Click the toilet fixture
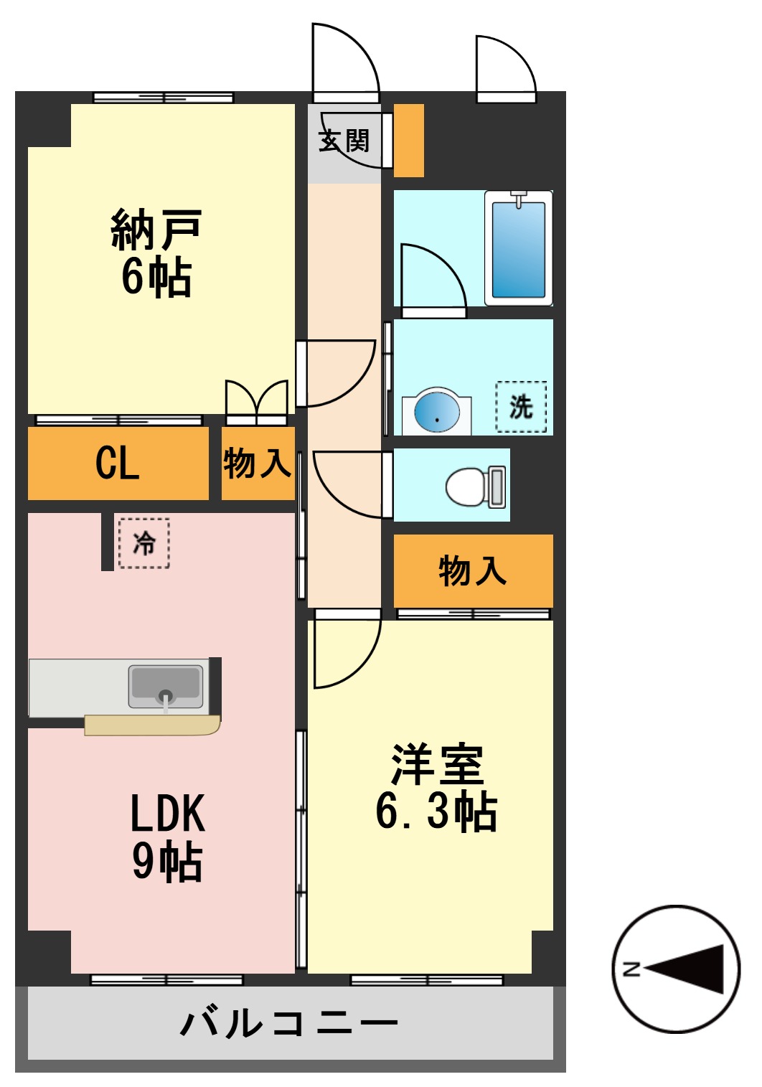(x=474, y=486)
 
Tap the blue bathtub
(x=518, y=248)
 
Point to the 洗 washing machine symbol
(x=521, y=407)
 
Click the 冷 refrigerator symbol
(x=144, y=543)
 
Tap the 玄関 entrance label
(x=344, y=141)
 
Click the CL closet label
(x=118, y=463)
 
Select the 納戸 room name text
(x=156, y=230)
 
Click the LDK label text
(x=167, y=813)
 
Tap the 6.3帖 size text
(x=436, y=811)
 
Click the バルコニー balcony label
(x=289, y=1022)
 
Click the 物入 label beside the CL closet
(x=257, y=463)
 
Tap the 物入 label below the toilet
(x=473, y=570)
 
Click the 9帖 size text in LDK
(x=167, y=861)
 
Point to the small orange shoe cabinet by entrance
(x=409, y=141)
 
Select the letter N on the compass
(x=631, y=969)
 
